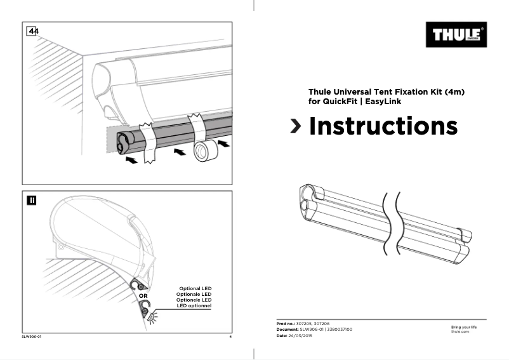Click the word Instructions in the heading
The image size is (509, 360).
(x=383, y=126)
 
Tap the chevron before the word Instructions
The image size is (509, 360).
(x=296, y=126)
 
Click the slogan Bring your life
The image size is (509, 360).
(x=463, y=327)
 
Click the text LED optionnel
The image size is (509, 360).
(x=195, y=306)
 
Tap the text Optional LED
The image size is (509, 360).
(x=195, y=288)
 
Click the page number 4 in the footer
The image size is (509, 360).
(x=230, y=336)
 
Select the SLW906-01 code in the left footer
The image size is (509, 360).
(x=32, y=336)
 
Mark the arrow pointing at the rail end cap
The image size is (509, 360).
(x=131, y=161)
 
